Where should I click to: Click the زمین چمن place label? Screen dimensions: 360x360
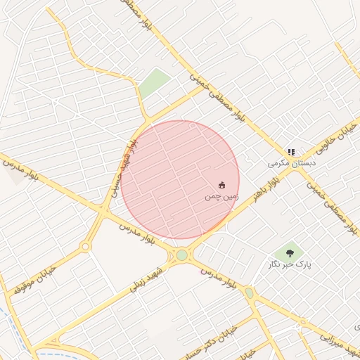[222, 197]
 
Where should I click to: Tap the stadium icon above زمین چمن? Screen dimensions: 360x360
[222, 186]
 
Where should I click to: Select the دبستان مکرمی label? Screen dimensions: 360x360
[292, 163]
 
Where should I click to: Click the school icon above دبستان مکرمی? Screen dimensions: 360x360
[291, 152]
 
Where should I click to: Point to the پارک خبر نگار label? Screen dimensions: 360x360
[289, 264]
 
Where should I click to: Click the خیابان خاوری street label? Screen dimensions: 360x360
[332, 140]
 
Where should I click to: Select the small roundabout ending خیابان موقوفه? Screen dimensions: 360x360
[85, 247]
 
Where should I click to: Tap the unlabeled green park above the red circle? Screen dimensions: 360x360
[154, 84]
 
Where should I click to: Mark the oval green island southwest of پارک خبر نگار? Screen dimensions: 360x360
[249, 292]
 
